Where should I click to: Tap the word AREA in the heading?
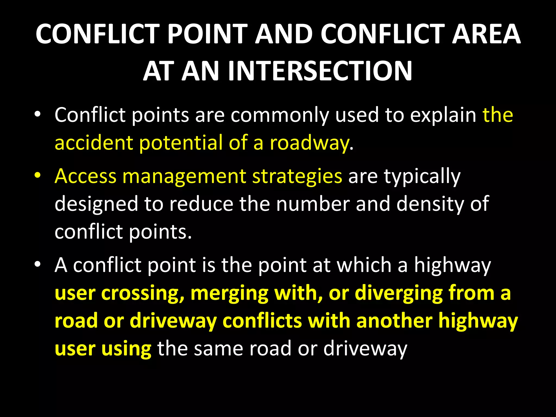click(486, 34)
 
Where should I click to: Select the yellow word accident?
click(94, 143)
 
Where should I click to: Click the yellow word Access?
click(85, 176)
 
